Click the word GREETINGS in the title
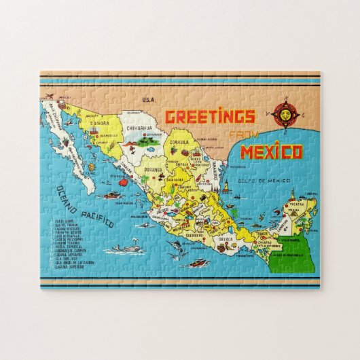[x=211, y=117]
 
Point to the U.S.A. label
[x=149, y=100]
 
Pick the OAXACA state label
[x=223, y=239]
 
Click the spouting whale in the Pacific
[x=126, y=249]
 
